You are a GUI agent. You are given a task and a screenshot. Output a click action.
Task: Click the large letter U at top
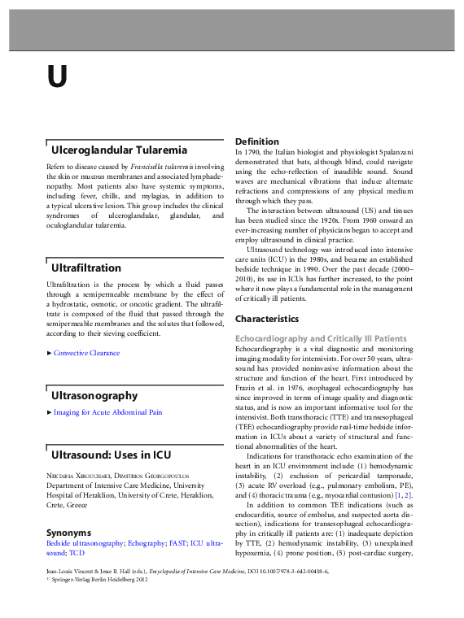pos(56,76)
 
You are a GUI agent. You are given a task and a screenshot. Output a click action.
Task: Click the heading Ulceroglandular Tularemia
pos(119,150)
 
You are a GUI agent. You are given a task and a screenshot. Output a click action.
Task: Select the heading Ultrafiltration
pos(86,267)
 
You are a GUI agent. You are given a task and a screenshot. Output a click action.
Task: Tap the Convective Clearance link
pos(86,353)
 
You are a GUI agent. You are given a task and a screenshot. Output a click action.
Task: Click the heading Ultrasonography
pos(94,395)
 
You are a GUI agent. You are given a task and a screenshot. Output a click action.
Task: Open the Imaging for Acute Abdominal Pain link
pos(107,412)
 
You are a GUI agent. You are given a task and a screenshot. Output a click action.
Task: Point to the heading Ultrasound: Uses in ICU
pos(112,454)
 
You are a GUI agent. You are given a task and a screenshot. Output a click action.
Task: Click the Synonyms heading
pos(69,532)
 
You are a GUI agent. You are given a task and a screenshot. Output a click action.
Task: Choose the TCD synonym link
pos(77,553)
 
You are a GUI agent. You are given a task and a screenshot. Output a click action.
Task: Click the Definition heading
pos(256,141)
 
